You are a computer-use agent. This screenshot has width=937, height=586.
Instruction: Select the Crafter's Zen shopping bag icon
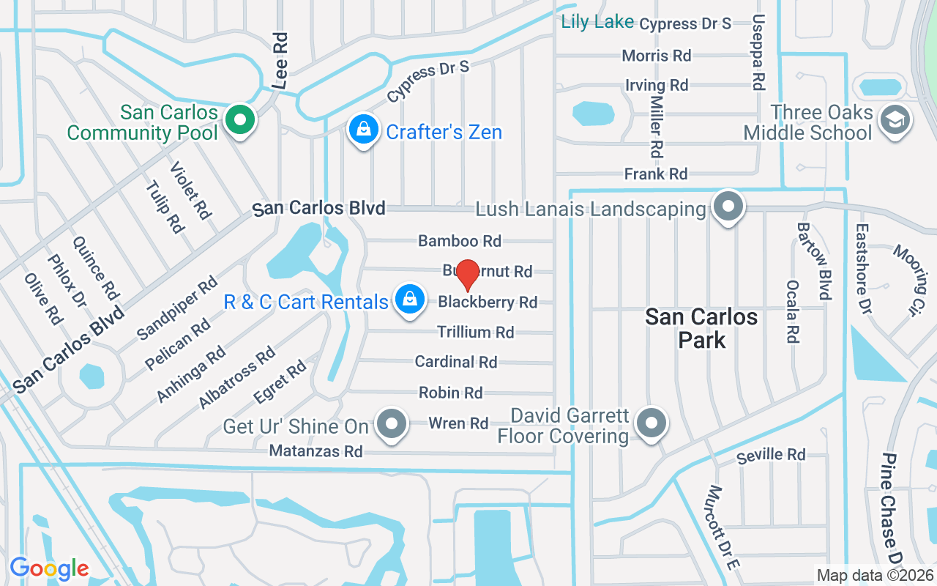[362, 130]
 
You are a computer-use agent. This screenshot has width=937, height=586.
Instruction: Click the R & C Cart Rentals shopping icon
[410, 299]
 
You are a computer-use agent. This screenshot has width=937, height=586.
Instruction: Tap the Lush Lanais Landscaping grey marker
[728, 207]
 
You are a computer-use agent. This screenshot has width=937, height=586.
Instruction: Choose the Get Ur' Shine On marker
[392, 423]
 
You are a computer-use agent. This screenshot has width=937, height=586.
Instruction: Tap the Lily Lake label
[597, 22]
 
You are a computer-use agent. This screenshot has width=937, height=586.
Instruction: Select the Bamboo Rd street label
[460, 241]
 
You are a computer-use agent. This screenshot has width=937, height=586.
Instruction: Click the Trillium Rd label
[476, 333]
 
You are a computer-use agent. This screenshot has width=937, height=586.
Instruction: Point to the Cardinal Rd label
[456, 362]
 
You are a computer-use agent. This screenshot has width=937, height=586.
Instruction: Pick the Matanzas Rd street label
[316, 451]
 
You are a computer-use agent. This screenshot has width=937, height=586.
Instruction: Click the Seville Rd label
[771, 456]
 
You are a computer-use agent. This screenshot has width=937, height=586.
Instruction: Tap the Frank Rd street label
[656, 174]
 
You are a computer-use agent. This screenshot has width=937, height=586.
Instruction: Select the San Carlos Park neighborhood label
[701, 328]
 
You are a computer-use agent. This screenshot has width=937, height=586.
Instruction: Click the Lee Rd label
[280, 60]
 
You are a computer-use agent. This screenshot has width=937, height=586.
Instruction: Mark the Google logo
[49, 568]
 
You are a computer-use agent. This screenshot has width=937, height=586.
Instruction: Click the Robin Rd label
[451, 393]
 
